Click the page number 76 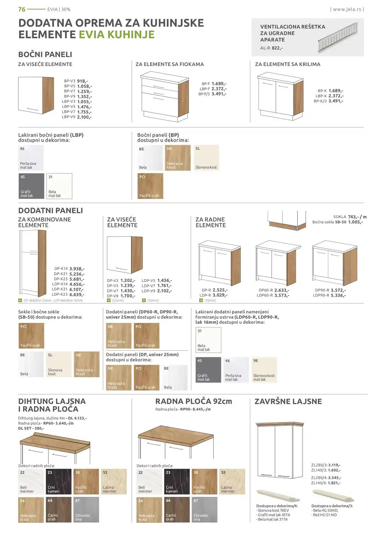coord(22,9)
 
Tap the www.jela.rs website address coord(347,9)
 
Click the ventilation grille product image coord(337,37)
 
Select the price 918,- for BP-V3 coord(82,81)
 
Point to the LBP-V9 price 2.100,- coord(84,117)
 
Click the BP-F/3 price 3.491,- coord(219,94)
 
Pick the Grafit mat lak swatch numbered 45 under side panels coord(31,186)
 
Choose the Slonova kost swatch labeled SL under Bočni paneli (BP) coord(206,158)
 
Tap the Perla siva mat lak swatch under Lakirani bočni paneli coord(31,158)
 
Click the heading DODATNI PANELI coord(51,211)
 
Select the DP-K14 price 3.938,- coord(77,269)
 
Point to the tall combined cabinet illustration coord(32,263)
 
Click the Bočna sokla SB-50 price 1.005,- coord(356,222)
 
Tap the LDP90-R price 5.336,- coord(338,296)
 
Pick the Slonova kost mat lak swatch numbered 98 coord(264,370)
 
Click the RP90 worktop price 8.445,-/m coord(202,409)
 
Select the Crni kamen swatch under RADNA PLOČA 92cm coord(177,482)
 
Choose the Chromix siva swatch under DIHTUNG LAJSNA coord(86,510)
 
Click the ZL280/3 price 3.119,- coord(334,465)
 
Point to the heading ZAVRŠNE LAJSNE coord(288,401)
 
